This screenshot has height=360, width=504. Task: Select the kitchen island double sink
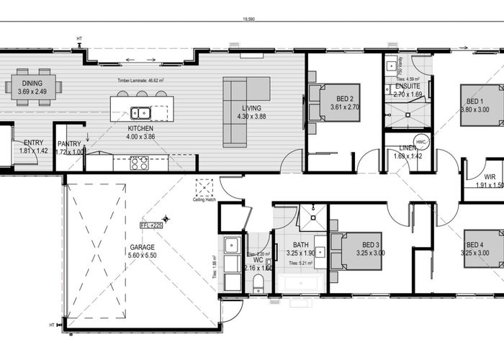coord(140,112)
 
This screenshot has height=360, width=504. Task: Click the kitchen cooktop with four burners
coord(139,163)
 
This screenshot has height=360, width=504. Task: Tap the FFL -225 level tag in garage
coord(152,225)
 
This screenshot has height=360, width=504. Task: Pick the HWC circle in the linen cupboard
coord(422,143)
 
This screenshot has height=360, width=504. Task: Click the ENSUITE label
coord(408,86)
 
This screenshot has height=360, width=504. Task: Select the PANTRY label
coord(69,143)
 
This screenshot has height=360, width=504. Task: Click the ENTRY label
coord(34,143)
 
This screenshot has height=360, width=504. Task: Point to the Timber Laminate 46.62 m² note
coord(141,81)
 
